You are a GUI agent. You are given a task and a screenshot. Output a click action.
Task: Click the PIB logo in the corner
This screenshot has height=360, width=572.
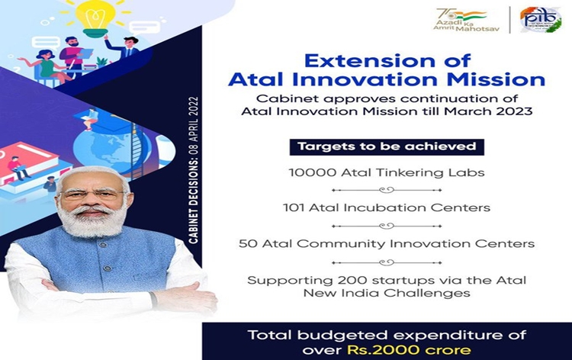pyautogui.click(x=540, y=20)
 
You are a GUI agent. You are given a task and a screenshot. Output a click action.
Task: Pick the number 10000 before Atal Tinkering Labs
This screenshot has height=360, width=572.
pyautogui.click(x=307, y=172)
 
